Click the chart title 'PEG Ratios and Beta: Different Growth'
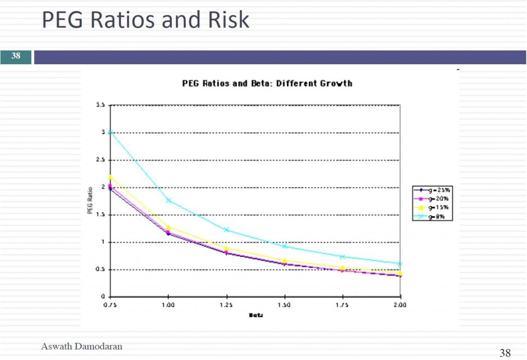267,83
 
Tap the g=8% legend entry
437,217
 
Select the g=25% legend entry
437,190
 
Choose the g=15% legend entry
437,207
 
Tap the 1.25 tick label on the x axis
226,304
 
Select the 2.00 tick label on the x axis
400,304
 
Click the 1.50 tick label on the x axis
284,304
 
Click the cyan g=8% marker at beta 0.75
110,133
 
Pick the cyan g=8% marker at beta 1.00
168,200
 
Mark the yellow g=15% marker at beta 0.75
110,177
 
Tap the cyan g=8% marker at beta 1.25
226,229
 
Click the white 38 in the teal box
16,56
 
